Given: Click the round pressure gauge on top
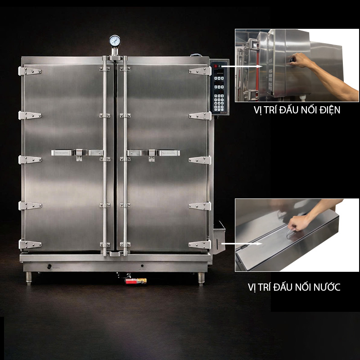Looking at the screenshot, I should [115, 40].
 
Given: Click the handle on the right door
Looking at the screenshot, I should [153, 153].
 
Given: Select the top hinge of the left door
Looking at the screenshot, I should [30, 71].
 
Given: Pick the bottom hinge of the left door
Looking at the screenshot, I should [30, 245].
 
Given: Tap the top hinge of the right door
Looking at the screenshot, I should [200, 71].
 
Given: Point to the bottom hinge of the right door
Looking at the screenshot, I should [200, 245].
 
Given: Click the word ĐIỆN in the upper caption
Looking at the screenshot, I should [327, 110].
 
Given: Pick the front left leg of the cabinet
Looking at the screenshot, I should [29, 279].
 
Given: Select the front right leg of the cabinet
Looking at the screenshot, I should [200, 279].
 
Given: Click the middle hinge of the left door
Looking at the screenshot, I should [30, 160].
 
